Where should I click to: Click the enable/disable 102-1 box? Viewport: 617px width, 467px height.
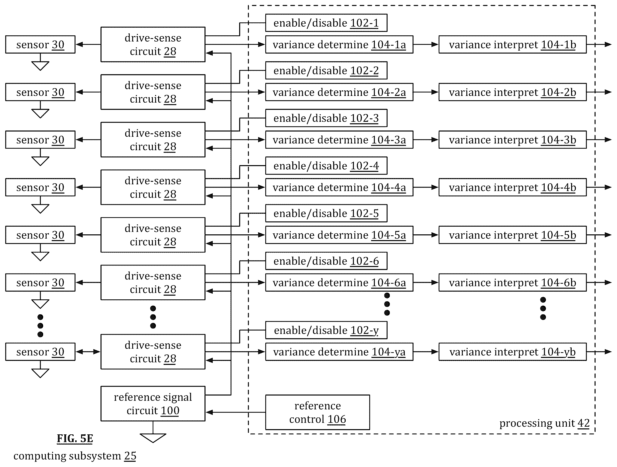[x=326, y=23]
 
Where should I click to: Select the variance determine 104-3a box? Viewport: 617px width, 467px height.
[x=339, y=139]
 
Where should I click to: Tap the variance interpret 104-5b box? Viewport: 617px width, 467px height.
[x=513, y=235]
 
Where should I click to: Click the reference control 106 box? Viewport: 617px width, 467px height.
[x=317, y=412]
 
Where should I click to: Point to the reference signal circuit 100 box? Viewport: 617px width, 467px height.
[x=153, y=403]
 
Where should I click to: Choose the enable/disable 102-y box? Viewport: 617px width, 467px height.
[x=326, y=330]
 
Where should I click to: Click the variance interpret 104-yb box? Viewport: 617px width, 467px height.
[x=513, y=352]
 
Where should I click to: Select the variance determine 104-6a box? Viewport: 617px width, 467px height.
[x=339, y=282]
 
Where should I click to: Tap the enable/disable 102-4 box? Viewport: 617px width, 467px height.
[x=326, y=166]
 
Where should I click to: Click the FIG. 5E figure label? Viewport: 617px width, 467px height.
[x=75, y=438]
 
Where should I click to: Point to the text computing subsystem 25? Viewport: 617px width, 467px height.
[x=75, y=456]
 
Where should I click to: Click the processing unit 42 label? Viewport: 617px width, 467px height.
[x=544, y=423]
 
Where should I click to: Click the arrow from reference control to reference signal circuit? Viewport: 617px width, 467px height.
[x=235, y=412]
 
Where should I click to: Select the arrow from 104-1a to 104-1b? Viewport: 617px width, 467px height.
[x=426, y=44]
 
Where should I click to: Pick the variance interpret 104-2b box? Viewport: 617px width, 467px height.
[x=513, y=92]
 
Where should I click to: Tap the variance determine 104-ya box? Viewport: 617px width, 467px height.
[x=339, y=352]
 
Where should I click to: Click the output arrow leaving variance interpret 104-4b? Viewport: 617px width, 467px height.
[x=599, y=187]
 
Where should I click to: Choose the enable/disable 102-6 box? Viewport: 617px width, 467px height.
[x=326, y=261]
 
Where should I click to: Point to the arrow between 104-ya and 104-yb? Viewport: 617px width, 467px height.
[x=426, y=352]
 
